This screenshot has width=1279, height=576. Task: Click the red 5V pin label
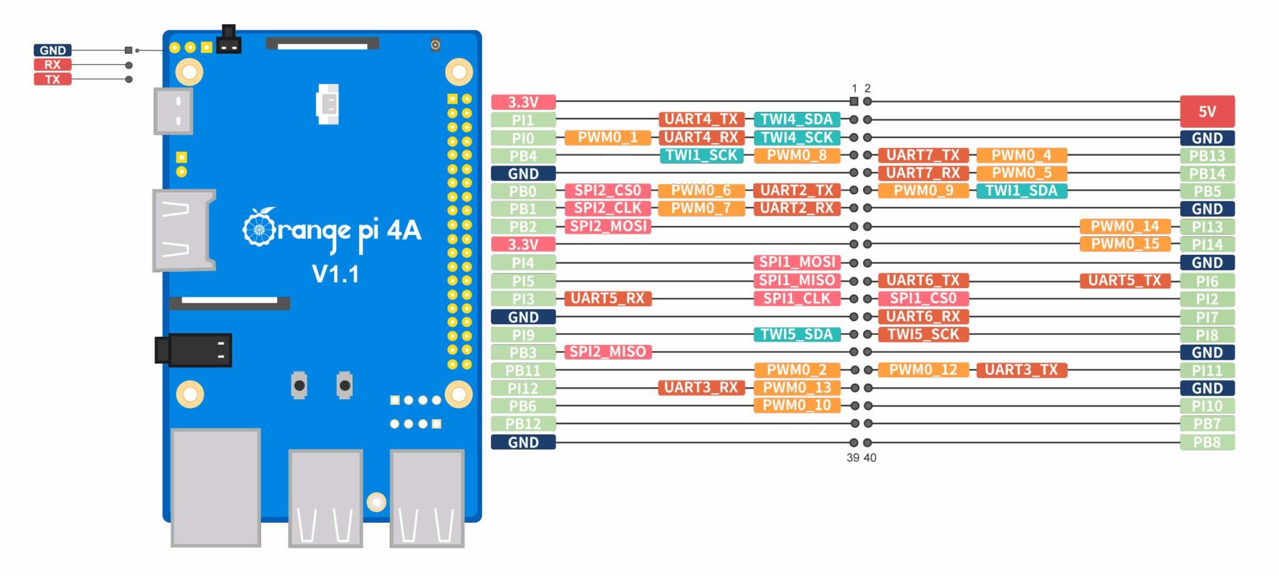pos(1207,111)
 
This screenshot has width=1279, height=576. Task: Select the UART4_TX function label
pos(701,119)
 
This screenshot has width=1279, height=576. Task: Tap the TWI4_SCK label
pos(796,137)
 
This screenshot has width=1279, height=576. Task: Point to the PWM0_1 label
pos(607,137)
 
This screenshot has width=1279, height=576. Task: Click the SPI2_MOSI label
pos(608,226)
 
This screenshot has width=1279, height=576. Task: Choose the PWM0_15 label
pos(1125,244)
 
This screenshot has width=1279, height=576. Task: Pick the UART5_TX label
pos(1124,281)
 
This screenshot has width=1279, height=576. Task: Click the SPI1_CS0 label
pos(923,299)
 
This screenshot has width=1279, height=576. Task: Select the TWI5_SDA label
pos(796,334)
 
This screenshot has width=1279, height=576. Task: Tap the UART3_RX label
pos(701,388)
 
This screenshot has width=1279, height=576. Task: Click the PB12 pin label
pos(523,424)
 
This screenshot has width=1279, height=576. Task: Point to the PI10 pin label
pos(1207,406)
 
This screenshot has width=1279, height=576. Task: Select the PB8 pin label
pos(1207,442)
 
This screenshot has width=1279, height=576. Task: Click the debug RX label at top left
pos(52,65)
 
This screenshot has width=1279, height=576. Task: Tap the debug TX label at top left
pos(52,79)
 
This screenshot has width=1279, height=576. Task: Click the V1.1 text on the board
pos(335,274)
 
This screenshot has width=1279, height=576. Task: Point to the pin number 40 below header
pos(869,458)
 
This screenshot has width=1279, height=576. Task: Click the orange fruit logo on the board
pos(259,227)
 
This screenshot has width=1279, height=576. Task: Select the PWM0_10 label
pos(796,405)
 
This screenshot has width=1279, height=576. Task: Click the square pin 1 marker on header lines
pos(854,101)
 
